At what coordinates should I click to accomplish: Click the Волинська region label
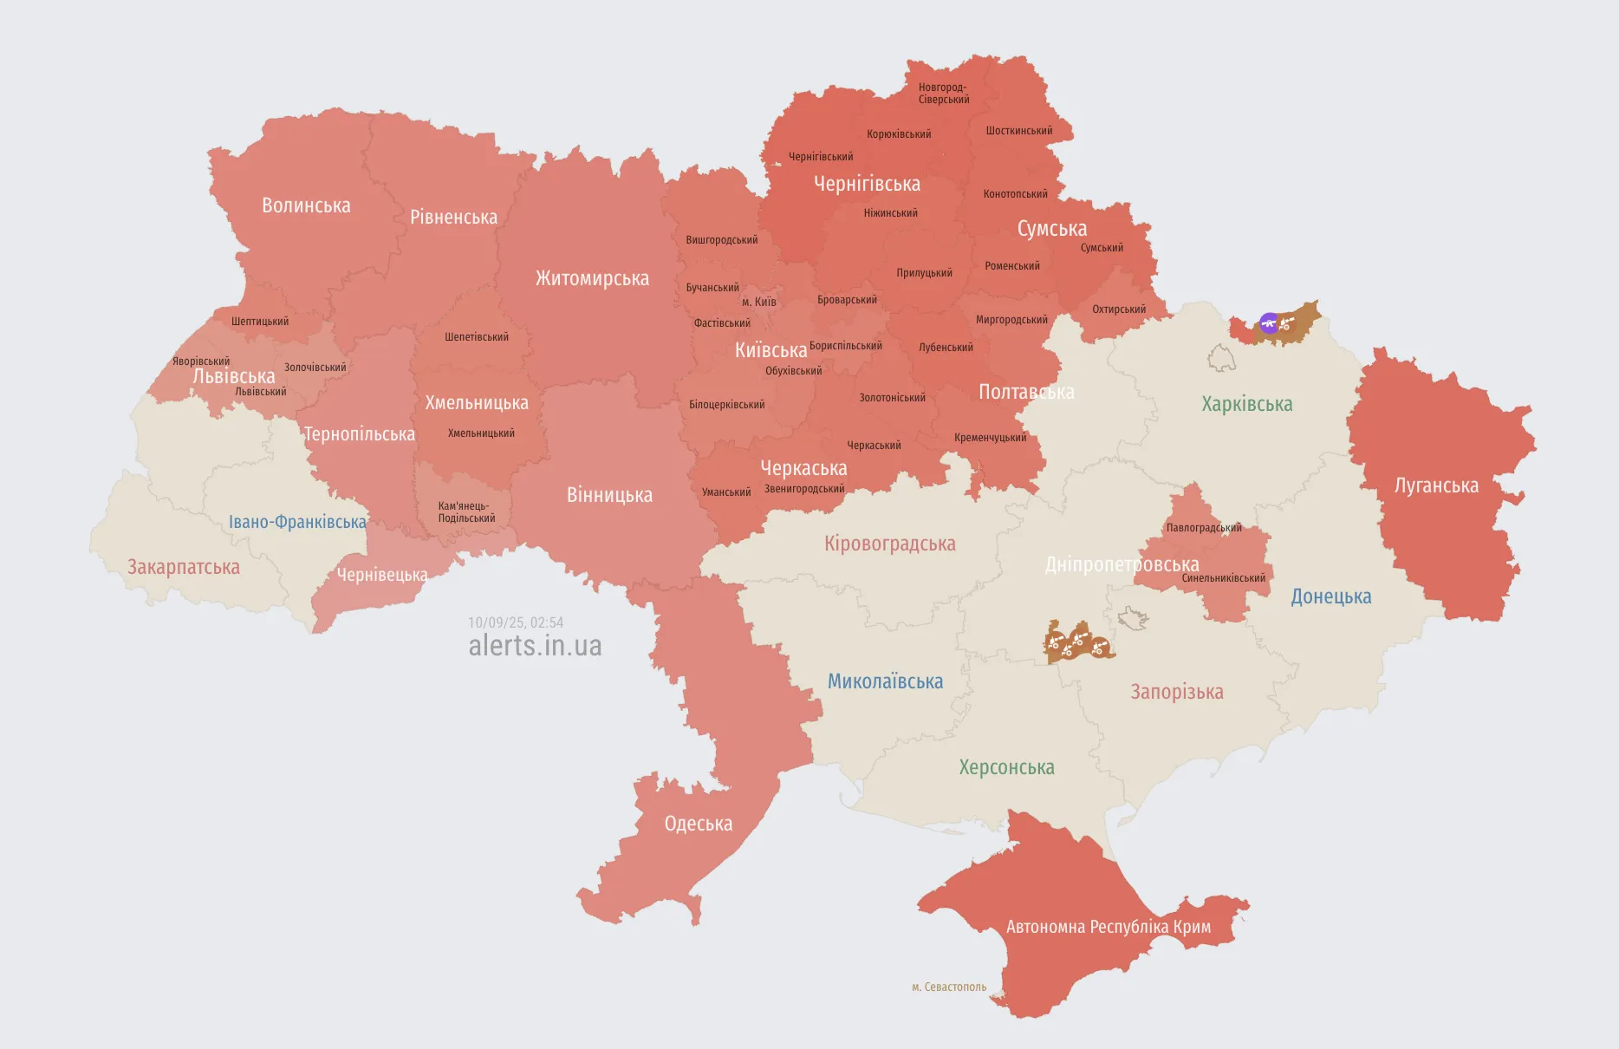click(x=306, y=205)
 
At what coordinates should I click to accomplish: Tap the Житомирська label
click(x=592, y=278)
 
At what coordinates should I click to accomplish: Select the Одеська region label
click(x=698, y=824)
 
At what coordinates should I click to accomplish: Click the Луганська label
click(x=1436, y=485)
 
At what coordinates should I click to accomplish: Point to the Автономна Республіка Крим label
click(x=1108, y=927)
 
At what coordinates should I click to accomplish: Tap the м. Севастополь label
click(x=948, y=987)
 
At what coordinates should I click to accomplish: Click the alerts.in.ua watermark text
click(x=535, y=646)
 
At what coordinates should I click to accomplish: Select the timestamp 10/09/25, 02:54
click(x=516, y=622)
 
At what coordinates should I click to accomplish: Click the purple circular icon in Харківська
click(x=1269, y=323)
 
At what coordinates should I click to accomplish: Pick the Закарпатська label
click(x=184, y=567)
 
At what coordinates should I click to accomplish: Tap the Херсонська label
click(x=1006, y=767)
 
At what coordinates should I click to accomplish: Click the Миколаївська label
click(x=885, y=681)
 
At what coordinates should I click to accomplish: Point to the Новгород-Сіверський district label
click(x=943, y=94)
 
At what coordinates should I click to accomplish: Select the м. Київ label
click(x=758, y=303)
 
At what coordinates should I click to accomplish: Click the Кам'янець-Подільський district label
click(x=466, y=512)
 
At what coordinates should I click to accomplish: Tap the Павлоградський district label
click(x=1203, y=527)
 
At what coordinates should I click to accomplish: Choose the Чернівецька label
click(x=382, y=575)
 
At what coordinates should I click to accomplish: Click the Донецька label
click(x=1330, y=596)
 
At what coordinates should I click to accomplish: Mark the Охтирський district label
click(x=1118, y=309)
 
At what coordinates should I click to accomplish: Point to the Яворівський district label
click(x=201, y=362)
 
